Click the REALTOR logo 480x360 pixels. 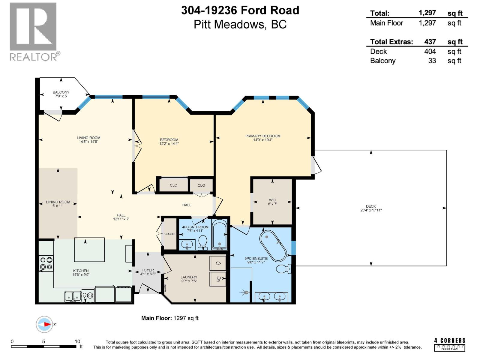pyautogui.click(x=33, y=31)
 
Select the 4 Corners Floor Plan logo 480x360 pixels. pyautogui.click(x=449, y=344)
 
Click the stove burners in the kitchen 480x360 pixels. pyautogui.click(x=46, y=263)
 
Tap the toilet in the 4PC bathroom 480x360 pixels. pyautogui.click(x=203, y=241)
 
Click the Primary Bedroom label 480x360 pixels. pyautogui.click(x=263, y=136)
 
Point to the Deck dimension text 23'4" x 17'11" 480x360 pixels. pyautogui.click(x=371, y=210)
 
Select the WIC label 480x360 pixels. pyautogui.click(x=272, y=200)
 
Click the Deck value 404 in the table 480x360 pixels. pyautogui.click(x=430, y=51)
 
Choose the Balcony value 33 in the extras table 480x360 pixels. pyautogui.click(x=432, y=61)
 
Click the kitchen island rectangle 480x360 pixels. pyautogui.click(x=89, y=250)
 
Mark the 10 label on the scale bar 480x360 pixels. pyautogui.click(x=77, y=341)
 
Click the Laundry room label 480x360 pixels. pyautogui.click(x=189, y=277)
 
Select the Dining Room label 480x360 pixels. pyautogui.click(x=58, y=202)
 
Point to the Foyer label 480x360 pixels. pyautogui.click(x=148, y=270)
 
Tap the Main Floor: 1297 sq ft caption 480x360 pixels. pyautogui.click(x=170, y=318)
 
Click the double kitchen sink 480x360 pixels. pyautogui.click(x=73, y=296)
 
